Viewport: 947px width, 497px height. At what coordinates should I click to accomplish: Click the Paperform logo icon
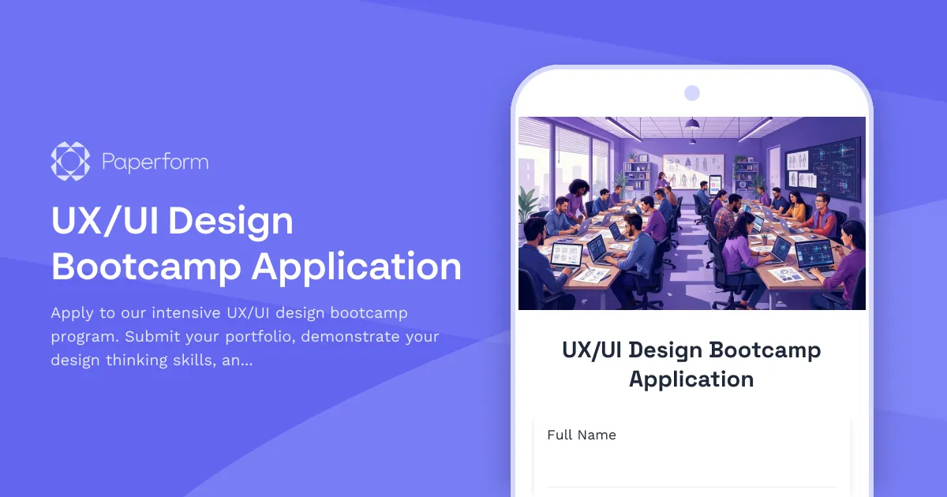coord(70,161)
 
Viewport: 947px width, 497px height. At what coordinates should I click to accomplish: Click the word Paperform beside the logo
coord(155,163)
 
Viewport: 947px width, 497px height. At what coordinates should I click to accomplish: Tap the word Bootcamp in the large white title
coord(146,266)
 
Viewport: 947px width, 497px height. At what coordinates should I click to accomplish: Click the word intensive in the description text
coord(184,313)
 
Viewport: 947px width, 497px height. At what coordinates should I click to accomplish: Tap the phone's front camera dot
coord(692,93)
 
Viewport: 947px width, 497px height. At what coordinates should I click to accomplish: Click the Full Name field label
coord(582,435)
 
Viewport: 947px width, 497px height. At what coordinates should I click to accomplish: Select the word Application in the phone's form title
coord(691,379)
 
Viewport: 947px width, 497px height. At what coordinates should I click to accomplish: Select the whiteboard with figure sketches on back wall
coord(692,170)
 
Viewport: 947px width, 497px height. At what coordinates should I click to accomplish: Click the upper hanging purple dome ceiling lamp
coord(692,123)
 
